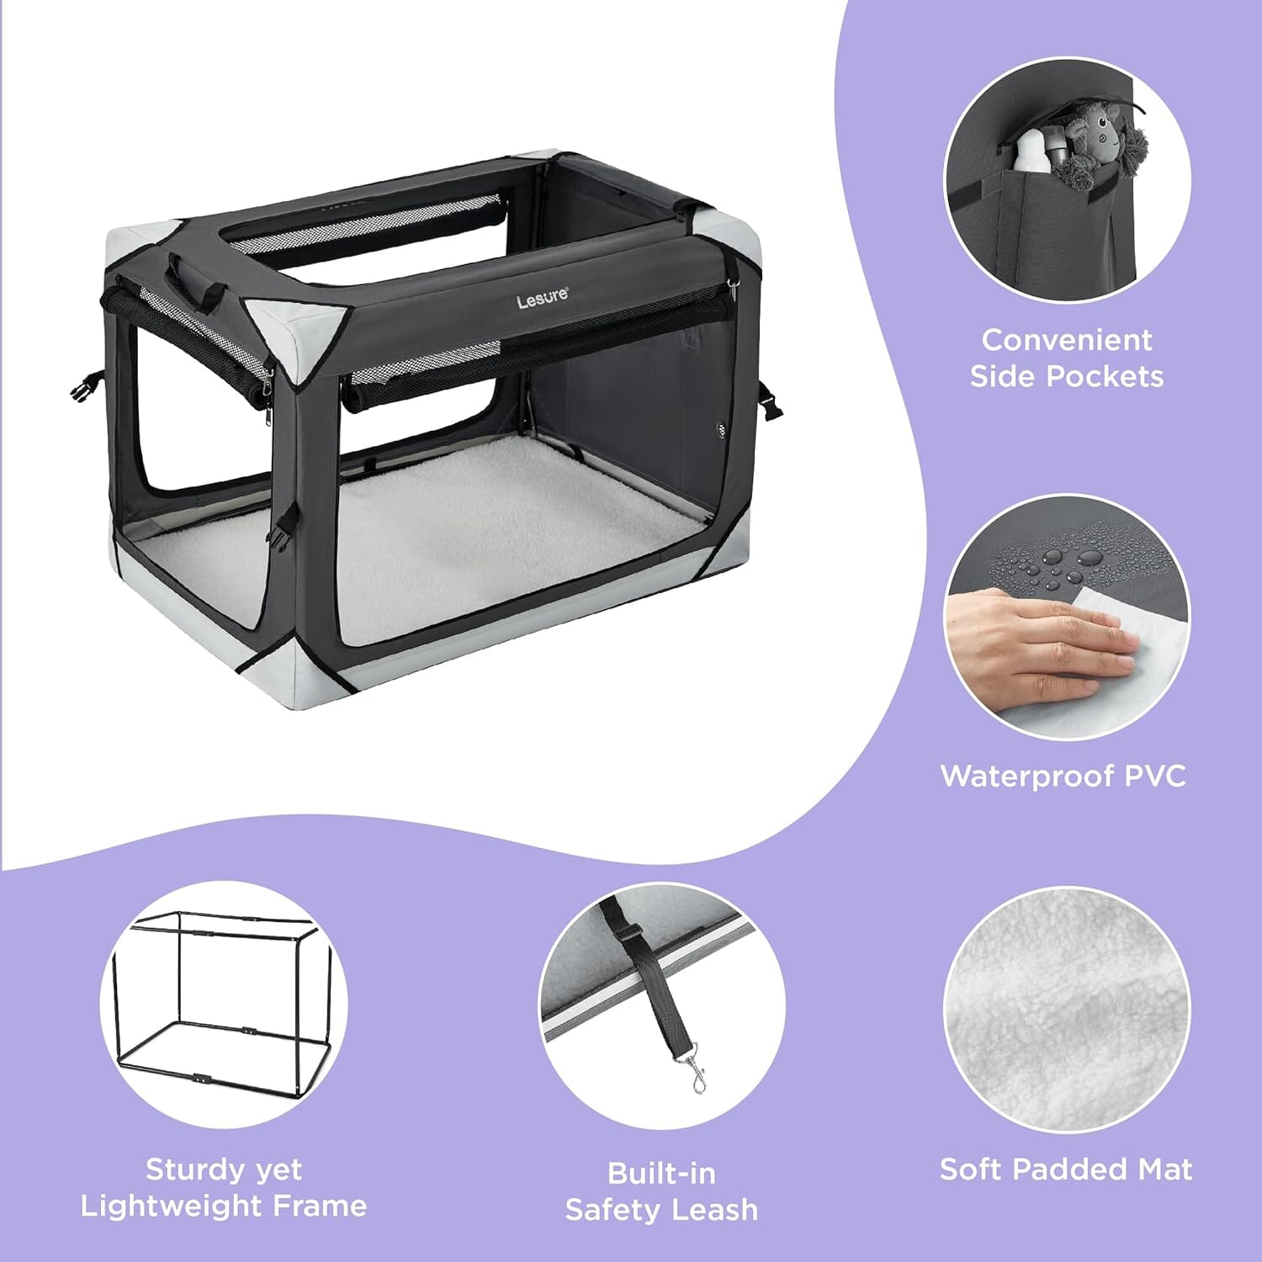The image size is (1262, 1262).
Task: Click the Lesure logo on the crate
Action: [x=543, y=297]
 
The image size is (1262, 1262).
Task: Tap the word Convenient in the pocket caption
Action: [x=1067, y=340]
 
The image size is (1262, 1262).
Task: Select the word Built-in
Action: [x=661, y=1173]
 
